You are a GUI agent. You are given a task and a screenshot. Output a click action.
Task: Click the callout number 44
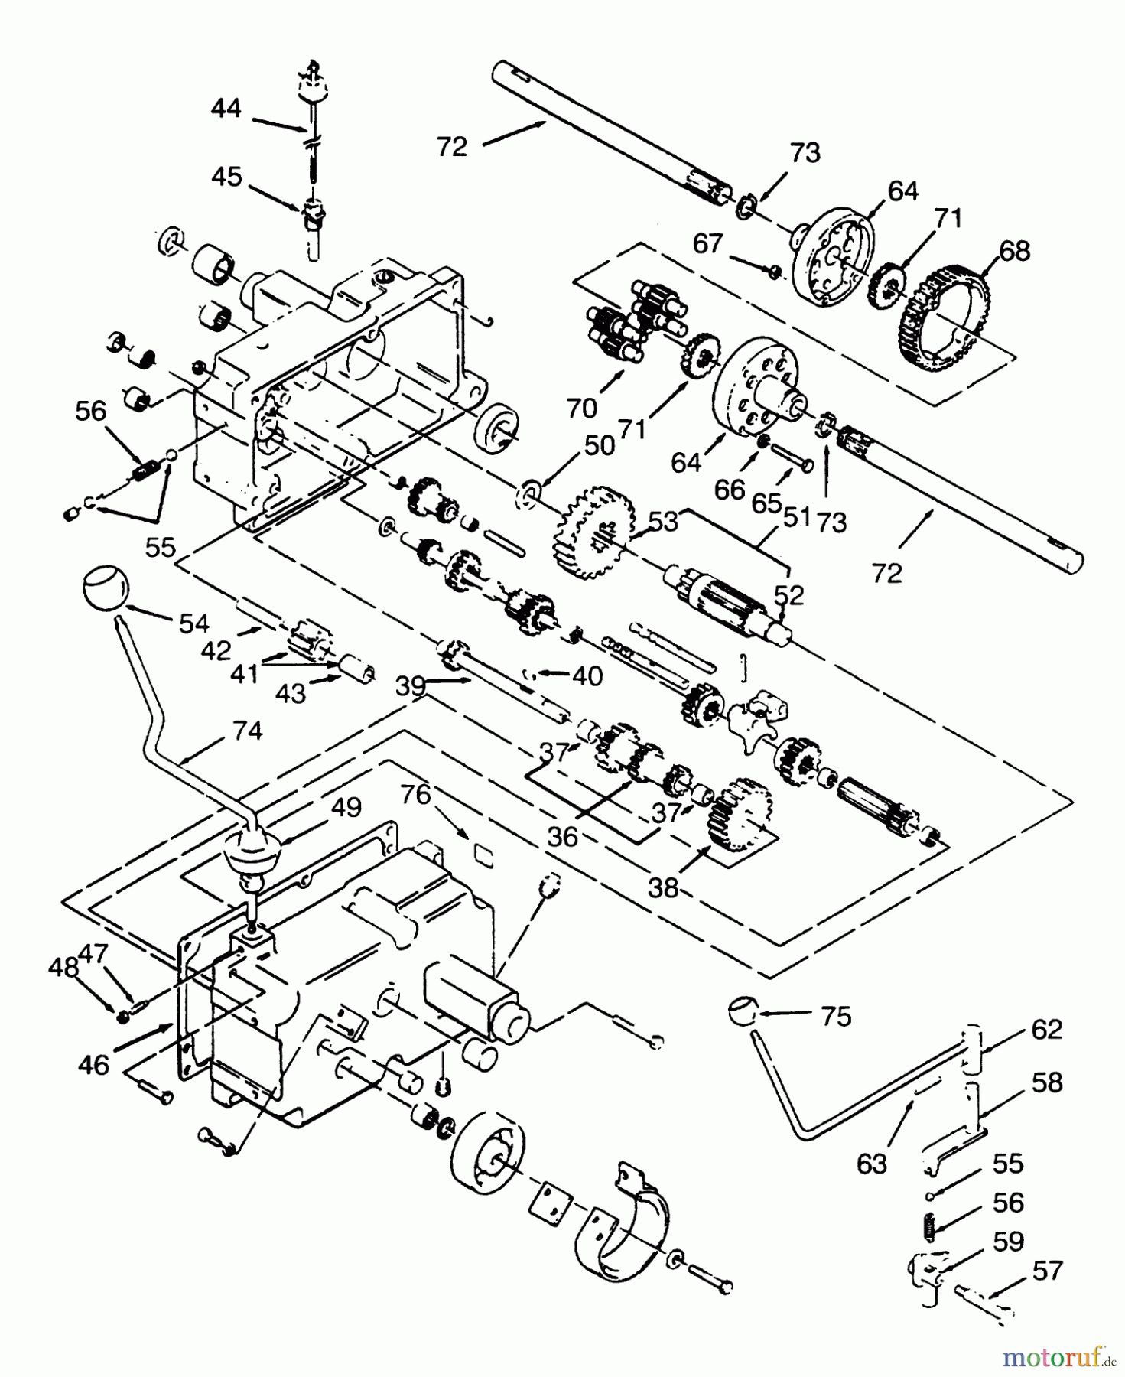226,109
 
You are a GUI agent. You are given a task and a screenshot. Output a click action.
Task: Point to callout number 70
582,408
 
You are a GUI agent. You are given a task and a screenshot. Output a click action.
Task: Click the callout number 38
662,889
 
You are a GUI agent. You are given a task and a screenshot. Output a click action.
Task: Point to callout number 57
1047,1271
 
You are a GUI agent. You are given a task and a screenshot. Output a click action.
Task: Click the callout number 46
94,1064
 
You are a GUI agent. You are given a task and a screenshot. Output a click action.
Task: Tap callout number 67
708,243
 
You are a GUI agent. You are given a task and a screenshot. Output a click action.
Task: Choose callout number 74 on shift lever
246,731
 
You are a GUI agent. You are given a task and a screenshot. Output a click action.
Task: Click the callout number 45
226,177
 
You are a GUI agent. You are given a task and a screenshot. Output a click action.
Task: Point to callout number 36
563,836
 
